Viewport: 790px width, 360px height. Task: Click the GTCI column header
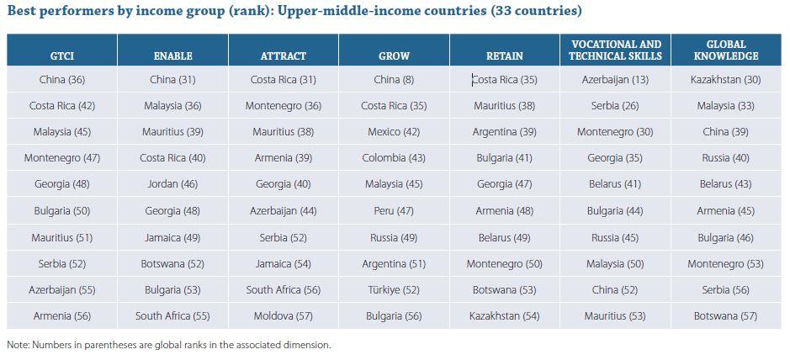pos(62,56)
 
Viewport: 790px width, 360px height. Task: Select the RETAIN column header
pos(505,56)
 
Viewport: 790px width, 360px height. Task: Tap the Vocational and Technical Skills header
pos(615,50)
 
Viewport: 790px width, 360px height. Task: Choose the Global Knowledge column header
pos(726,50)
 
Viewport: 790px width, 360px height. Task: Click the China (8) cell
pos(394,80)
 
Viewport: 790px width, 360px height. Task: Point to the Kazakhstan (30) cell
pos(726,80)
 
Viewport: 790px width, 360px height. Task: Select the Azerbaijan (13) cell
pos(615,80)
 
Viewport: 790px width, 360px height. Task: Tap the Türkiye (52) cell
pos(394,290)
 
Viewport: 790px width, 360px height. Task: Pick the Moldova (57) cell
pos(283,316)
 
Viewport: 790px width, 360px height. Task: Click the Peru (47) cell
pos(394,211)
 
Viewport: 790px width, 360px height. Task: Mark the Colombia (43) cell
pos(394,158)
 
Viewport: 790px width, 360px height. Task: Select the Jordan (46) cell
pos(172,184)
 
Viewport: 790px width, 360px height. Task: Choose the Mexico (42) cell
pos(394,132)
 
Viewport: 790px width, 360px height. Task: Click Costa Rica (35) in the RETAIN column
pos(505,80)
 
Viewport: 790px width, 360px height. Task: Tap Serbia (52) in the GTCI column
pos(62,264)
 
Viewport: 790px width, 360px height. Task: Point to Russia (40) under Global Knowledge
pos(726,158)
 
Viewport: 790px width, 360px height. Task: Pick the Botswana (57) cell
pos(726,316)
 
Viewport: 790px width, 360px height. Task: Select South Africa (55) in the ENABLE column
pos(172,316)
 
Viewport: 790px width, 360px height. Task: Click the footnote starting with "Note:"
pos(168,345)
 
